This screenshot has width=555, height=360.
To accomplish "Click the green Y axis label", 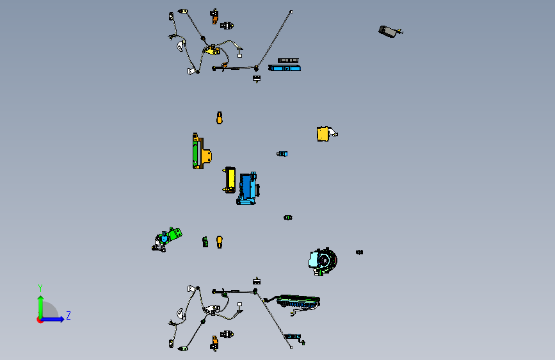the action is (x=40, y=288).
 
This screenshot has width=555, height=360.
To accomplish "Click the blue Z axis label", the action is (x=68, y=315).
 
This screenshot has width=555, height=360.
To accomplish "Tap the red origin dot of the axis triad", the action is (x=39, y=320).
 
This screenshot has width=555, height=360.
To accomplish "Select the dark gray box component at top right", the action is (x=390, y=31).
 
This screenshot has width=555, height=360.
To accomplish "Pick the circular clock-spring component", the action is (x=323, y=261).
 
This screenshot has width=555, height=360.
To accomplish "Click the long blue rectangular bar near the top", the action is (x=285, y=68).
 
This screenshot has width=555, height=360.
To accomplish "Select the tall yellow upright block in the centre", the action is (x=230, y=180).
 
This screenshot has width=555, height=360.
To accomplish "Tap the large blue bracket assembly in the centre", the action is (x=248, y=188).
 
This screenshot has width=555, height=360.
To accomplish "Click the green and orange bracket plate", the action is (x=202, y=151).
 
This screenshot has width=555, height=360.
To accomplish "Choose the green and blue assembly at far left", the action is (x=166, y=240).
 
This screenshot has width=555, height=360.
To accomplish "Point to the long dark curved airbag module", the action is (x=298, y=302).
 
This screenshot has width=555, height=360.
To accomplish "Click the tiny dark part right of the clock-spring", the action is (x=359, y=252).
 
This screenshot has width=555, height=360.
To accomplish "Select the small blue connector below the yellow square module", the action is (x=282, y=154).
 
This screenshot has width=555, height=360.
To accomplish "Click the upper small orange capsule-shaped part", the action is (x=220, y=118).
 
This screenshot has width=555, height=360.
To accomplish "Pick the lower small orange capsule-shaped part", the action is (x=220, y=242).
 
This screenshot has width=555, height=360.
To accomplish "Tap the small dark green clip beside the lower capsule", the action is (x=205, y=242).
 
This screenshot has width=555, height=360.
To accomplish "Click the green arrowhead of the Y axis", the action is (x=41, y=299).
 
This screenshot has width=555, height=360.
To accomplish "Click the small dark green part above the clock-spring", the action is (x=288, y=218).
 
